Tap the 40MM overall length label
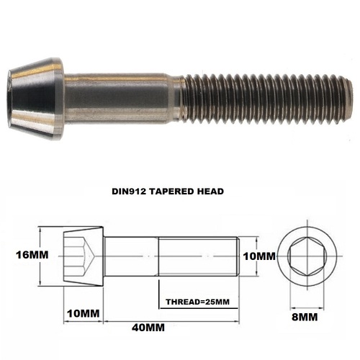pyautogui.click(x=148, y=328)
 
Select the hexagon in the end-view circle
pyautogui.click(x=308, y=256)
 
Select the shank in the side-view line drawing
pyautogui.click(x=130, y=256)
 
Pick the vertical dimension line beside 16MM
pyautogui.click(x=40, y=256)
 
